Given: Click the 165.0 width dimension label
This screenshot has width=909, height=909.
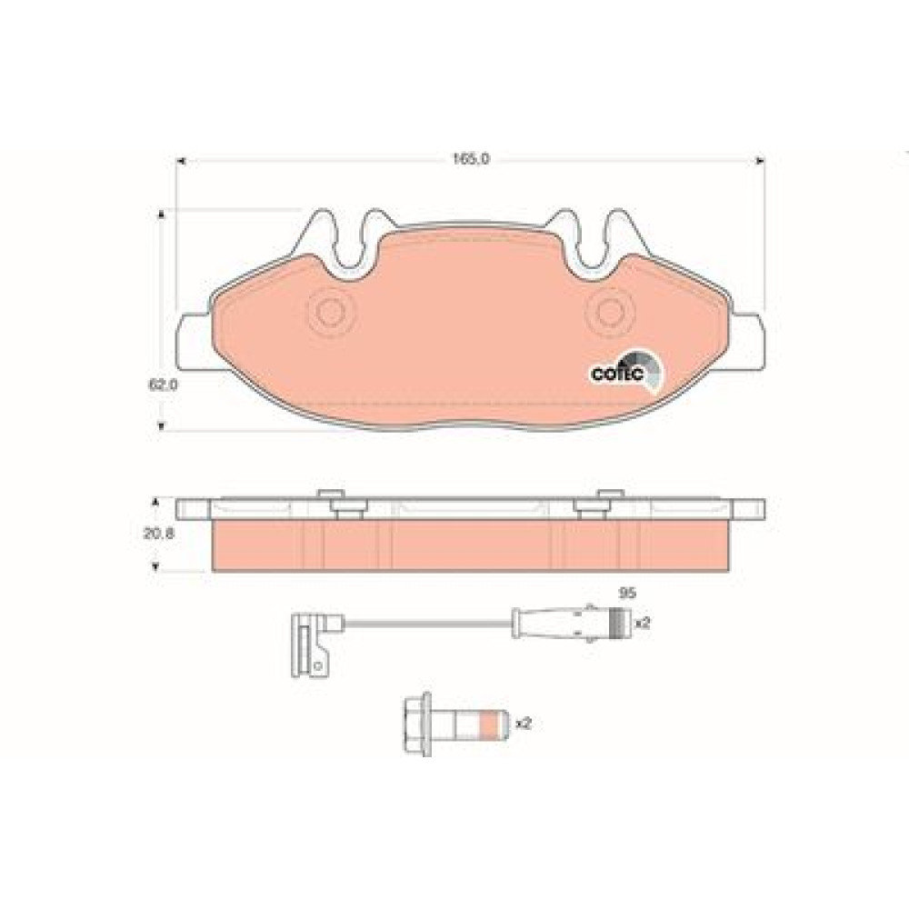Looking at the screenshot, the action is pos(471,157).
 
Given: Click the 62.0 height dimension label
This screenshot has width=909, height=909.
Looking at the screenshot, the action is pos(163,385).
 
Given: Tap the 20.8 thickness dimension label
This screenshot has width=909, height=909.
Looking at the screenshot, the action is pos(159,533).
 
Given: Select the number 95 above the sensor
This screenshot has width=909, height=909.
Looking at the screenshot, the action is pos(628,593).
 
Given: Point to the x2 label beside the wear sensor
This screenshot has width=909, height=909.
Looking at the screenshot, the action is pos(643,624).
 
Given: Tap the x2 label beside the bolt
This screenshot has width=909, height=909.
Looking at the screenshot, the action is pos(524,724).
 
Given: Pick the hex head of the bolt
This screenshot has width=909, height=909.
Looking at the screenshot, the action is pos(417,724).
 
